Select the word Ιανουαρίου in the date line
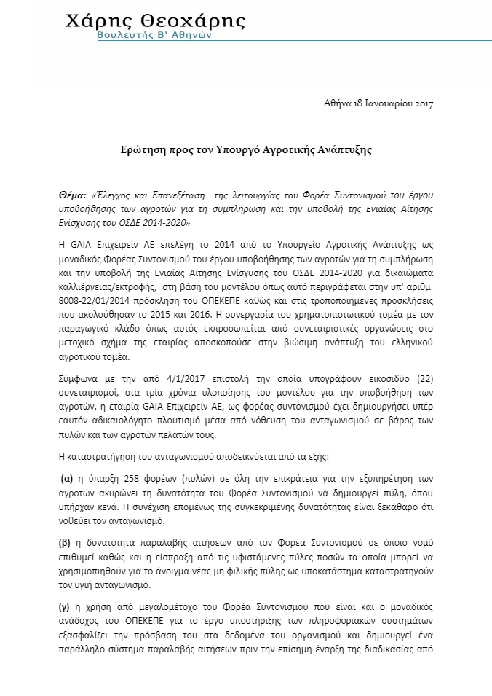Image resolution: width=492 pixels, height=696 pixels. pyautogui.click(x=385, y=103)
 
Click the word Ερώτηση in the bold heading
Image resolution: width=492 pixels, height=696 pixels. pyautogui.click(x=143, y=149)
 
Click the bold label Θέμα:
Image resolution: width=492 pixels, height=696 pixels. pyautogui.click(x=72, y=196)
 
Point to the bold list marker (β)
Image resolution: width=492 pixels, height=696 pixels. pyautogui.click(x=64, y=543)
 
